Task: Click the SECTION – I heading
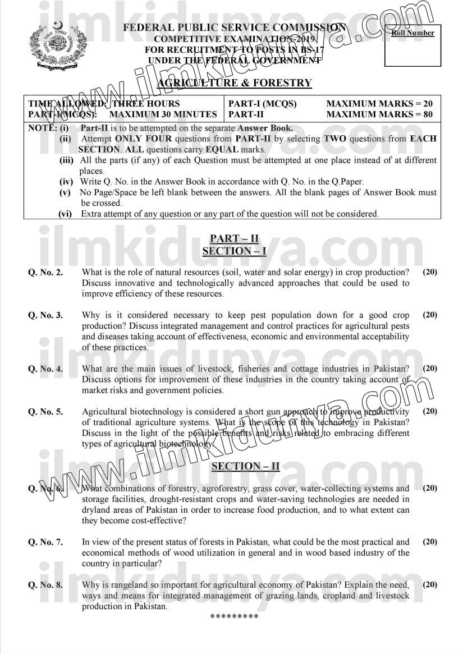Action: click(234, 251)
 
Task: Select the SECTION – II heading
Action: click(245, 466)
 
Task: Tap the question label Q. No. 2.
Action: click(45, 273)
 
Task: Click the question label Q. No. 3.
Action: click(45, 315)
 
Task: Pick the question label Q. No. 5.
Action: click(45, 412)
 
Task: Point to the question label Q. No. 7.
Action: click(45, 542)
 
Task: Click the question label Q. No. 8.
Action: click(45, 585)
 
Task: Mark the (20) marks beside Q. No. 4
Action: click(430, 369)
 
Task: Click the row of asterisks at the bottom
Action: click(234, 617)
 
